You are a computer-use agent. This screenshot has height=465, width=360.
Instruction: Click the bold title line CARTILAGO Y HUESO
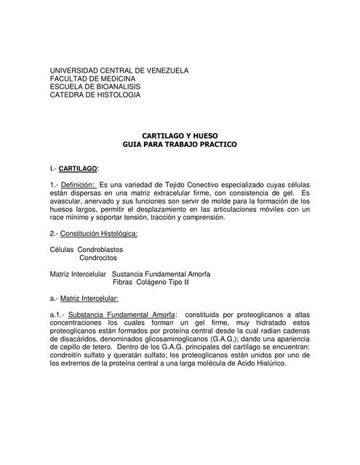click(179, 136)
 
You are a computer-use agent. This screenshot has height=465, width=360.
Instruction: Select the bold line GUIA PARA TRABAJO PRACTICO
click(179, 144)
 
